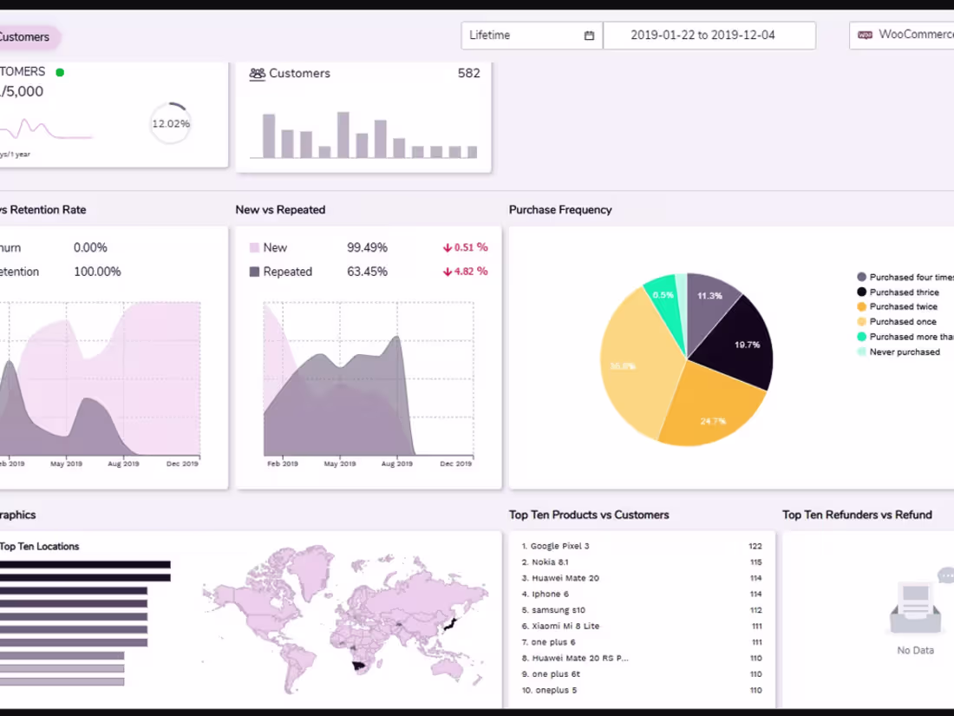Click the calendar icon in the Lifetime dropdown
[590, 36]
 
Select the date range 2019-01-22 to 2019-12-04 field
[709, 36]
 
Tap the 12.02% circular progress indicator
[171, 123]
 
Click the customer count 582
[468, 74]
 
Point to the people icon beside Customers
[258, 74]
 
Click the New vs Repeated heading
[280, 209]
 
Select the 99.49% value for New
[367, 247]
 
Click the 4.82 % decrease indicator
[465, 271]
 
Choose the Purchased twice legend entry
[902, 306]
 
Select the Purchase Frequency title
[560, 209]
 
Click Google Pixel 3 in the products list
[559, 546]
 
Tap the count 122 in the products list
[755, 546]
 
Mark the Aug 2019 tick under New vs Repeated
[397, 464]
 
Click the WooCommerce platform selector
[906, 36]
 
